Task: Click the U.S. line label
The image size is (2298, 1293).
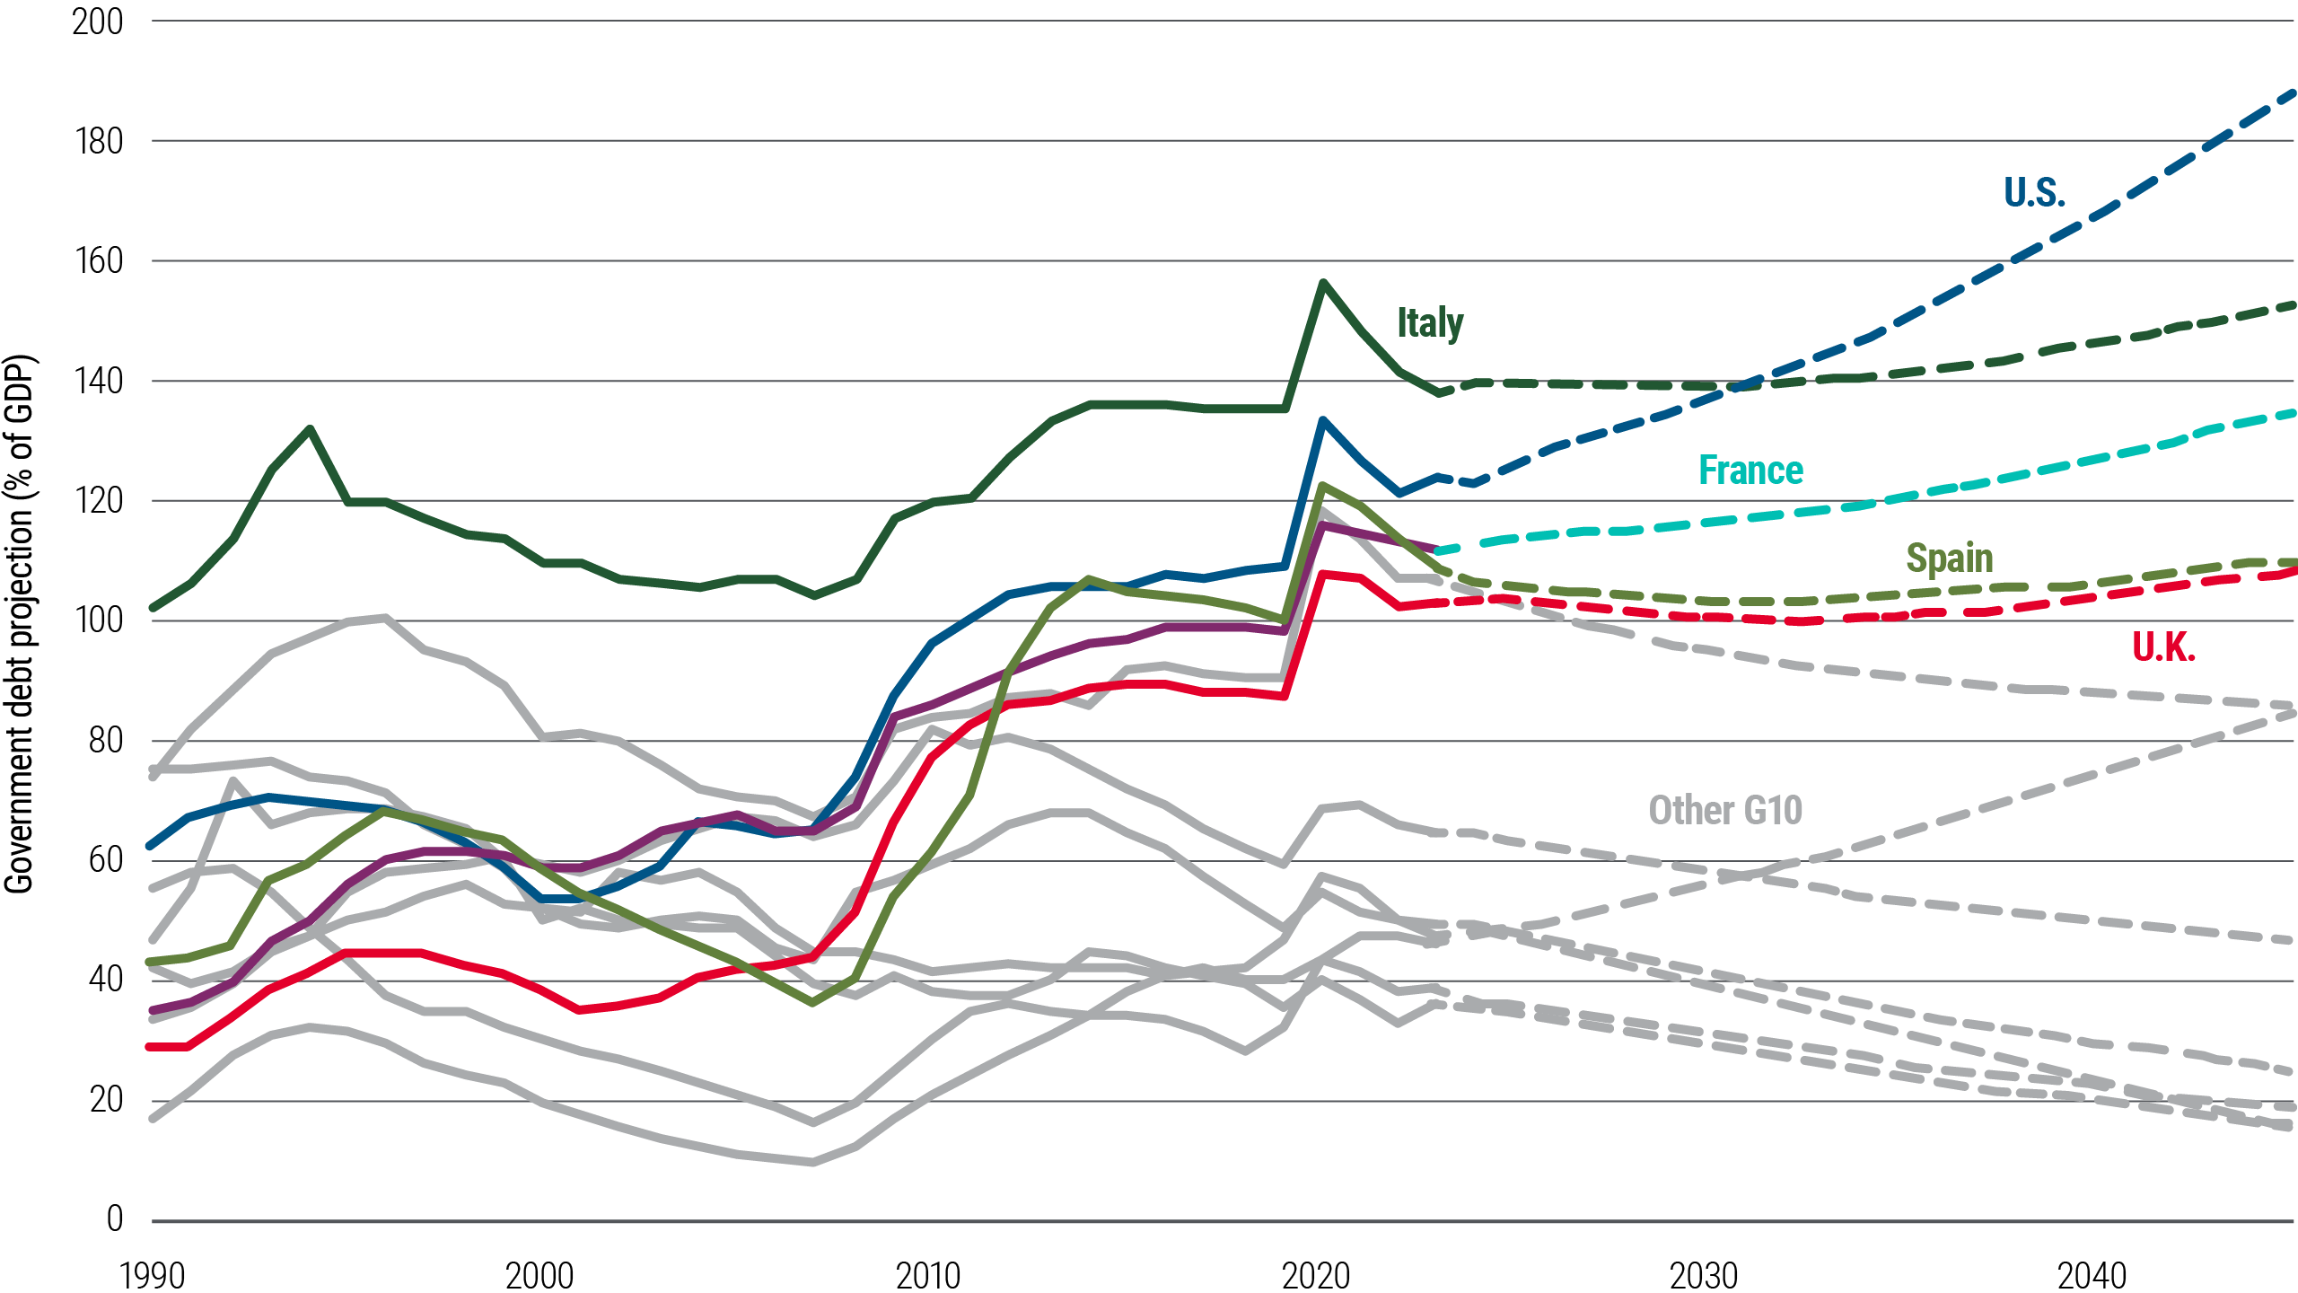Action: [x=2033, y=192]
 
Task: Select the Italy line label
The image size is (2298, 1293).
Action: [x=1429, y=322]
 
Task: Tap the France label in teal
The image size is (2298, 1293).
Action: [x=1750, y=471]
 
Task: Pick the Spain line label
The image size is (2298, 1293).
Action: [x=1949, y=559]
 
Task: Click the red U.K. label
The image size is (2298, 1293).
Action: [x=2162, y=646]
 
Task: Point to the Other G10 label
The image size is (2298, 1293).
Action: [x=1724, y=810]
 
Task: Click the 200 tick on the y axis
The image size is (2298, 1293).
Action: [x=97, y=22]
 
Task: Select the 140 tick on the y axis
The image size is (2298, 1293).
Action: [x=97, y=381]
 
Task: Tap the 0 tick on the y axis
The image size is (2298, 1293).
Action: [x=114, y=1219]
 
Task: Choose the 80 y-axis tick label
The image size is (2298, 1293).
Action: [x=105, y=741]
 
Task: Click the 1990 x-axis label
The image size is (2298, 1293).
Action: [x=152, y=1275]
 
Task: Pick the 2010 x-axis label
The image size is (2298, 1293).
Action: [x=927, y=1275]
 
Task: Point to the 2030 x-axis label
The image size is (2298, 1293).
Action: [x=1703, y=1275]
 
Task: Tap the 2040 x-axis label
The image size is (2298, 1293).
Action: [x=2092, y=1275]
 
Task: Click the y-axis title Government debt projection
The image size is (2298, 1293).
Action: [x=20, y=624]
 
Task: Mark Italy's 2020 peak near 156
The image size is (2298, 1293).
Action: [x=1322, y=282]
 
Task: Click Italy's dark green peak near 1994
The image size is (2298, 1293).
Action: [x=310, y=429]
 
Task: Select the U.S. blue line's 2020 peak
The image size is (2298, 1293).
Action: [x=1322, y=419]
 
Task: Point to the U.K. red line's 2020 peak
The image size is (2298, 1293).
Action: [x=1322, y=574]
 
